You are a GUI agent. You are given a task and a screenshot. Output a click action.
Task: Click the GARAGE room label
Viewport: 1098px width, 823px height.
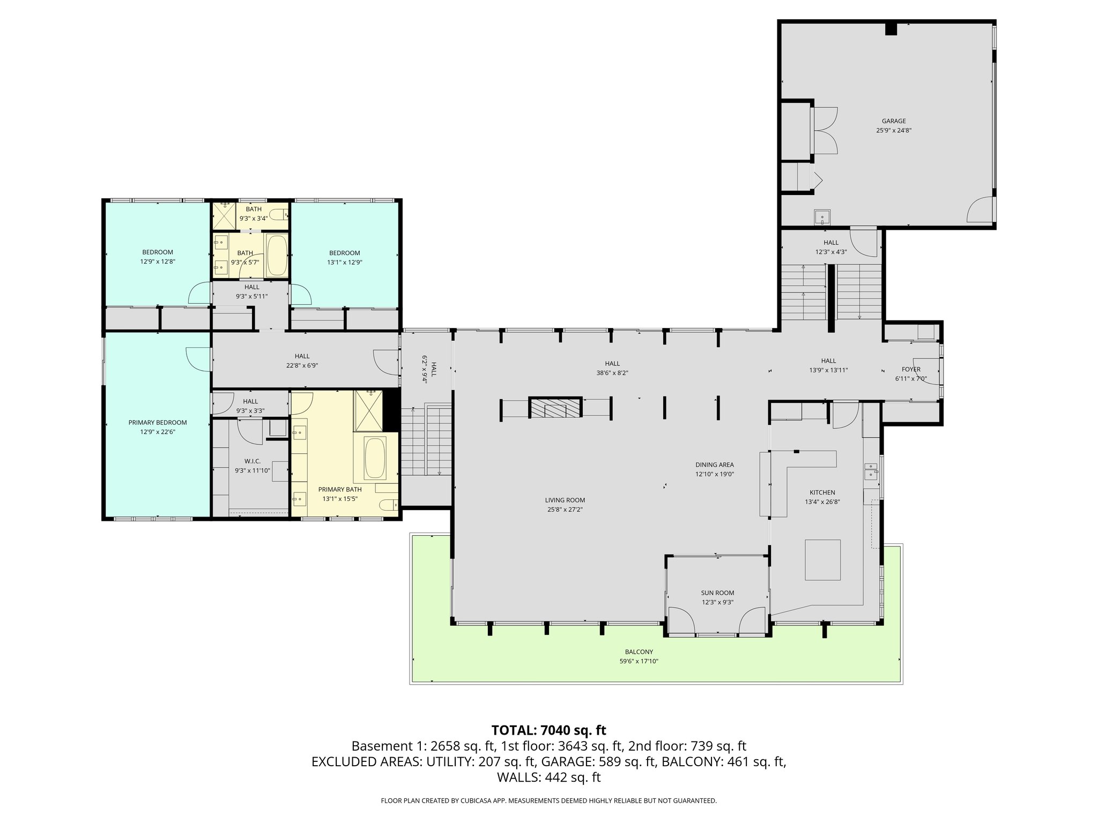[x=893, y=121]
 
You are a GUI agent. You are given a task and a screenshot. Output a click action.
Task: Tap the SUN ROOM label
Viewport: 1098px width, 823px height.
[x=717, y=593]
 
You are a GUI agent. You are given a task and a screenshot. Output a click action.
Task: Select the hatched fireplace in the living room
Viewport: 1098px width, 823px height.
[x=555, y=408]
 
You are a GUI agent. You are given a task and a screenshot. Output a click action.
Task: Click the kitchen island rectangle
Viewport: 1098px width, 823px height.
[x=822, y=560]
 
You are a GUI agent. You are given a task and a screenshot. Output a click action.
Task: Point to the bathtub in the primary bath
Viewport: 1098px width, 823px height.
[x=375, y=458]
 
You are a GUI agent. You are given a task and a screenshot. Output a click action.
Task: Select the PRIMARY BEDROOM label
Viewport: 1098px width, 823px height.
[x=158, y=423]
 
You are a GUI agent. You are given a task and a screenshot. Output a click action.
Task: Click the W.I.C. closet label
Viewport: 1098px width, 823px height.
[x=252, y=461]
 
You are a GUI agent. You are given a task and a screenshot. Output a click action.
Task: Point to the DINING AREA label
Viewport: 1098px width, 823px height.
[x=714, y=465]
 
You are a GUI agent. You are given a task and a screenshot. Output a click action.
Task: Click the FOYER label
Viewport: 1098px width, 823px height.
[x=911, y=369]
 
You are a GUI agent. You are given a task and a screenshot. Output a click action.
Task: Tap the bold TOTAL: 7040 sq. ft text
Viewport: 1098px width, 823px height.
[x=548, y=730]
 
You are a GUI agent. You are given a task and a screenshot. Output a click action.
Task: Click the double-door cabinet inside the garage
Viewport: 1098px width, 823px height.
[x=825, y=131]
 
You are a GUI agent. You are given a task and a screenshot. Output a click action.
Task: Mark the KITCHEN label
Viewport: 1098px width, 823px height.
[x=822, y=492]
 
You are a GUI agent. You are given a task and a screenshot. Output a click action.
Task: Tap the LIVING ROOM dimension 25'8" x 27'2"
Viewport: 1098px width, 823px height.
[x=565, y=510]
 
